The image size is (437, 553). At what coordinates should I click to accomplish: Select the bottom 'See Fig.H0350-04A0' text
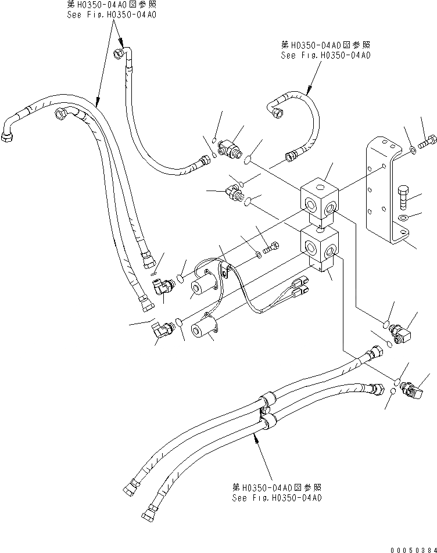[x=277, y=498]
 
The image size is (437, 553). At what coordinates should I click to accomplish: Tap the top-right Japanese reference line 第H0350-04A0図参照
[x=325, y=45]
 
